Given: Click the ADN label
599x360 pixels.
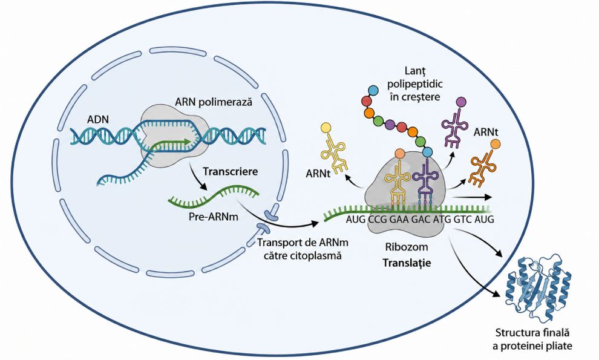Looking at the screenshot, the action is pyautogui.click(x=98, y=119).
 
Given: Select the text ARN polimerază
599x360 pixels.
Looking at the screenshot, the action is pyautogui.click(x=214, y=102).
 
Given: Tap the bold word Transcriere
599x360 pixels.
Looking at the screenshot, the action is pyautogui.click(x=231, y=171).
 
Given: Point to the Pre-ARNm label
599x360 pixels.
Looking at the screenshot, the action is pyautogui.click(x=214, y=217).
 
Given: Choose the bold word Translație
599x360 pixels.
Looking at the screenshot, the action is pyautogui.click(x=407, y=263).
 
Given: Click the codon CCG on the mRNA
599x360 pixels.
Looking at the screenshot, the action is pyautogui.click(x=378, y=220).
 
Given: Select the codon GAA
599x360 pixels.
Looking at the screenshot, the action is pyautogui.click(x=399, y=220).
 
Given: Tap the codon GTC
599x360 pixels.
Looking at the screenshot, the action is pyautogui.click(x=463, y=220).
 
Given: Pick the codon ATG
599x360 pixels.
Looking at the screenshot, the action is pyautogui.click(x=442, y=220).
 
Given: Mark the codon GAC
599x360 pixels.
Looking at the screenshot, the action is pyautogui.click(x=421, y=220).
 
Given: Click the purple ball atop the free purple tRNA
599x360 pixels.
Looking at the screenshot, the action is pyautogui.click(x=461, y=102).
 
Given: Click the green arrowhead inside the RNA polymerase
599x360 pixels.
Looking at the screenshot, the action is pyautogui.click(x=187, y=142).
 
